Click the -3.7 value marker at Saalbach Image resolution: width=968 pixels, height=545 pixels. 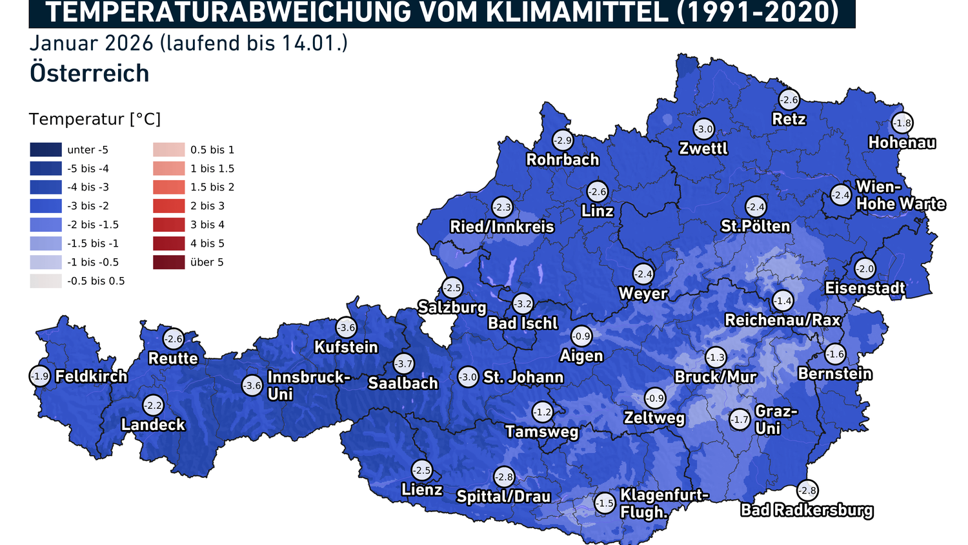404,364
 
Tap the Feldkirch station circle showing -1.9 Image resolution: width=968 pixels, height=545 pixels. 40,376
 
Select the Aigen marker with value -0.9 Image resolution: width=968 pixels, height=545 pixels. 581,336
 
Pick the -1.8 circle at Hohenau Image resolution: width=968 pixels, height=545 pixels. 902,123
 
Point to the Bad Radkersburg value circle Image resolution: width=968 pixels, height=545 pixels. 807,490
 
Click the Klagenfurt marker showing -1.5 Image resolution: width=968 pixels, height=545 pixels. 605,503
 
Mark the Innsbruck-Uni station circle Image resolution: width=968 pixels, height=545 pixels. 252,386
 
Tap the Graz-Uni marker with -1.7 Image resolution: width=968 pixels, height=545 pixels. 740,420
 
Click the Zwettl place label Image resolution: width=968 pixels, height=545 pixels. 703,149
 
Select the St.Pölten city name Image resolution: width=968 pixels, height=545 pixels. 755,226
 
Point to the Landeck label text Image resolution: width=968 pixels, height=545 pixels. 153,424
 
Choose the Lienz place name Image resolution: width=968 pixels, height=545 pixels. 421,489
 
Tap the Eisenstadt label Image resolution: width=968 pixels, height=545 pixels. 865,288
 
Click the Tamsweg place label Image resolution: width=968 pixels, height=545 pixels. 542,431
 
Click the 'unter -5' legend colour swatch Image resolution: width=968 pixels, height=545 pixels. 46,150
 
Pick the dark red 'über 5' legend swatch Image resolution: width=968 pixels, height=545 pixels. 169,262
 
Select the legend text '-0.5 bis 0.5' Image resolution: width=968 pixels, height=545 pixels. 96,281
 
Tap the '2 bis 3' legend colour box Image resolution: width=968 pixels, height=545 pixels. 169,206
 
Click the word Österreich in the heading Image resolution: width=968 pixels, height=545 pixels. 90,73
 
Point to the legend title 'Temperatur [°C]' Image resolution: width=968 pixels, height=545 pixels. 95,119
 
